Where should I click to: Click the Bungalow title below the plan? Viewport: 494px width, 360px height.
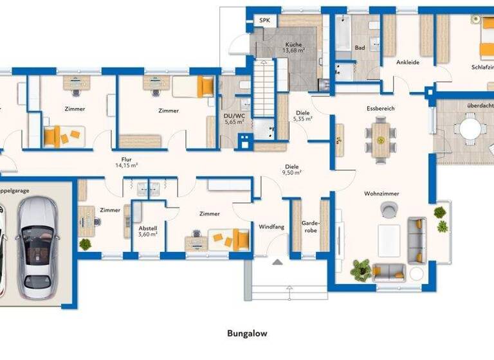(246, 334)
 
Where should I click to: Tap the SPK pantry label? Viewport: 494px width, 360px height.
(264, 21)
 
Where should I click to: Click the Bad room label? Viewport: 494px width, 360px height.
(360, 48)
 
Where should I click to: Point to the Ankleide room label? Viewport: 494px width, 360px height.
(408, 63)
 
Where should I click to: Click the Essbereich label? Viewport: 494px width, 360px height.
(381, 109)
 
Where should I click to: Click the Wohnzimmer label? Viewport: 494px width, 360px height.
(381, 193)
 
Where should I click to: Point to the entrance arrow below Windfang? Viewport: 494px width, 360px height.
(277, 262)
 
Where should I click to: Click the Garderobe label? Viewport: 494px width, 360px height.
(311, 226)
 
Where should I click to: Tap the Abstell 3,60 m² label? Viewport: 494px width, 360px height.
(148, 231)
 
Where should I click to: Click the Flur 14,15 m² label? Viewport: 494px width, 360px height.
(126, 162)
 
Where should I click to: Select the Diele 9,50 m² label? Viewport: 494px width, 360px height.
(293, 170)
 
